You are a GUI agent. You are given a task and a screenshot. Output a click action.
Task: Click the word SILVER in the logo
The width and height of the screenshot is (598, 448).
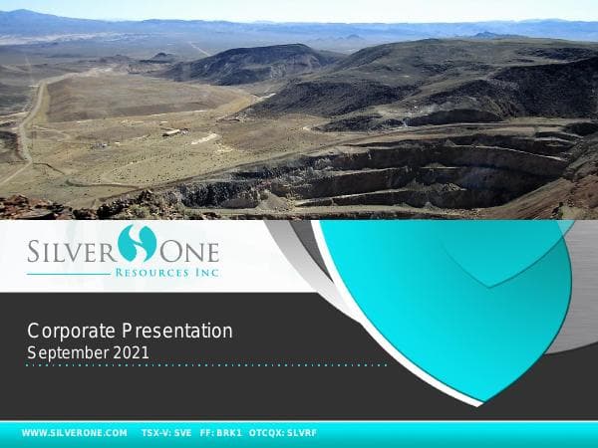[x=69, y=246]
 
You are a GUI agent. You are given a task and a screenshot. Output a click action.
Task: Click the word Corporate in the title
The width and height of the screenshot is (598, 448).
[x=71, y=331]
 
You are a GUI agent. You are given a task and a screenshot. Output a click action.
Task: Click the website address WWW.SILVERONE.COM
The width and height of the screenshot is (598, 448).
[x=74, y=433]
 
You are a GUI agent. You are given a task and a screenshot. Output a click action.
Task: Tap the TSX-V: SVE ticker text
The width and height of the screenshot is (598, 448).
[x=166, y=433]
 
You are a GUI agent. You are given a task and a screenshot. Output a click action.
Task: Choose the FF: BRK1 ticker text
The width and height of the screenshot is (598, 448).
[x=220, y=433]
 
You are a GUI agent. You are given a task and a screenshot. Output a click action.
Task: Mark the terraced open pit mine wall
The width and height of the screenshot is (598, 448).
[x=399, y=174]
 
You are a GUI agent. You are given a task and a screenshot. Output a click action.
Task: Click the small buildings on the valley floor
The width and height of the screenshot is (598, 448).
[x=173, y=132]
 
